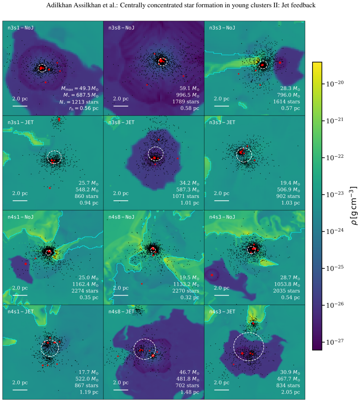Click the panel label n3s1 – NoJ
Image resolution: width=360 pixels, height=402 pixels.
tap(21, 28)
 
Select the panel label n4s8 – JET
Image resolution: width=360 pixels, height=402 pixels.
tap(121, 312)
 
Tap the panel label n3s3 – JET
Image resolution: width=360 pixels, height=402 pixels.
tap(222, 122)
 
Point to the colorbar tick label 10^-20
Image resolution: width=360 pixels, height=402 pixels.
tap(335, 83)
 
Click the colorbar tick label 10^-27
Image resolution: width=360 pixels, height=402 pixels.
tap(335, 342)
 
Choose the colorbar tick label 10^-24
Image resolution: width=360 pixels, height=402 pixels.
tap(335, 231)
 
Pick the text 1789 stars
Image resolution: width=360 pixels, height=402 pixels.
tap(186, 101)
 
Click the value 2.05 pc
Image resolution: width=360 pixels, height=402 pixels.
tap(290, 392)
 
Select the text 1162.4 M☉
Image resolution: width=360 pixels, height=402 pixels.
tap(85, 284)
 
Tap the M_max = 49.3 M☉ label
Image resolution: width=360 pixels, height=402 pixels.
tap(80, 88)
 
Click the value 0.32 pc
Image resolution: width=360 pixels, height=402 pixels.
tap(190, 297)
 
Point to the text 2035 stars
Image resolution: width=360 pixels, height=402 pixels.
tap(286, 291)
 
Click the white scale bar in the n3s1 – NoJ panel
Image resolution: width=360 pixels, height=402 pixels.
tap(20, 106)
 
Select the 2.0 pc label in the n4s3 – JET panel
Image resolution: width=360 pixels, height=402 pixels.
tap(221, 382)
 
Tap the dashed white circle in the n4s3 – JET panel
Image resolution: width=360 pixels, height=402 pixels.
tap(249, 333)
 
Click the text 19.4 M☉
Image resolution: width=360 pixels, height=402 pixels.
tap(290, 183)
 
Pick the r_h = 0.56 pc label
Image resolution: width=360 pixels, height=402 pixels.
tap(84, 108)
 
